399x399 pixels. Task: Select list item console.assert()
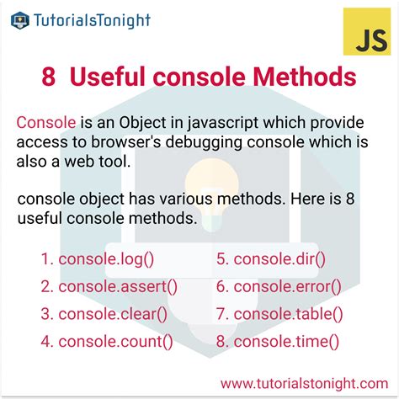pyautogui.click(x=115, y=286)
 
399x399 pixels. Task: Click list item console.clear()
pyautogui.click(x=111, y=314)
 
